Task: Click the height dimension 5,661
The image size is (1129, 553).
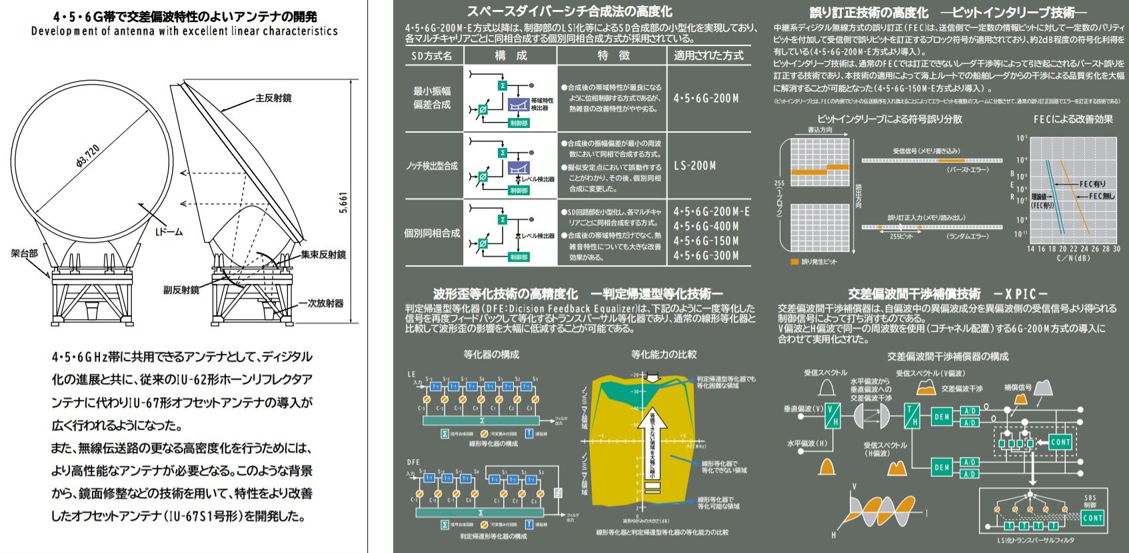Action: pos(343,203)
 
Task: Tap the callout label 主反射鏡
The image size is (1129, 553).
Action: pos(273,98)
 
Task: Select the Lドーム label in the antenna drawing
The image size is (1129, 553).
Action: pos(169,232)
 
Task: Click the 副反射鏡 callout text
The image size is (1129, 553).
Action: pos(181,290)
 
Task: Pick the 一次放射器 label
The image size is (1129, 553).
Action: pos(321,303)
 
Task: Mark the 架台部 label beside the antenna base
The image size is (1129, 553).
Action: pos(25,253)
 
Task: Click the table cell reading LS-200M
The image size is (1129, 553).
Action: pos(694,165)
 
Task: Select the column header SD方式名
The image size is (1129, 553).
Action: pos(432,56)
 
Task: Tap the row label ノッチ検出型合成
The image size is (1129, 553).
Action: pos(432,166)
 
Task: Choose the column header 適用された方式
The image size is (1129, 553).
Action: pos(708,56)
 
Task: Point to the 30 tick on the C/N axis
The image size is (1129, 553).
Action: pos(1116,249)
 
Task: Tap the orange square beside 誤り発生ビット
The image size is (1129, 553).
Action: pos(794,262)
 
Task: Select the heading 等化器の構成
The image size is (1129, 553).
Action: pos(491,354)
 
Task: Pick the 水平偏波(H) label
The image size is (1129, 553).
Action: pos(808,443)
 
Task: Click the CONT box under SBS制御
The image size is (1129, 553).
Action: pos(1092,518)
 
